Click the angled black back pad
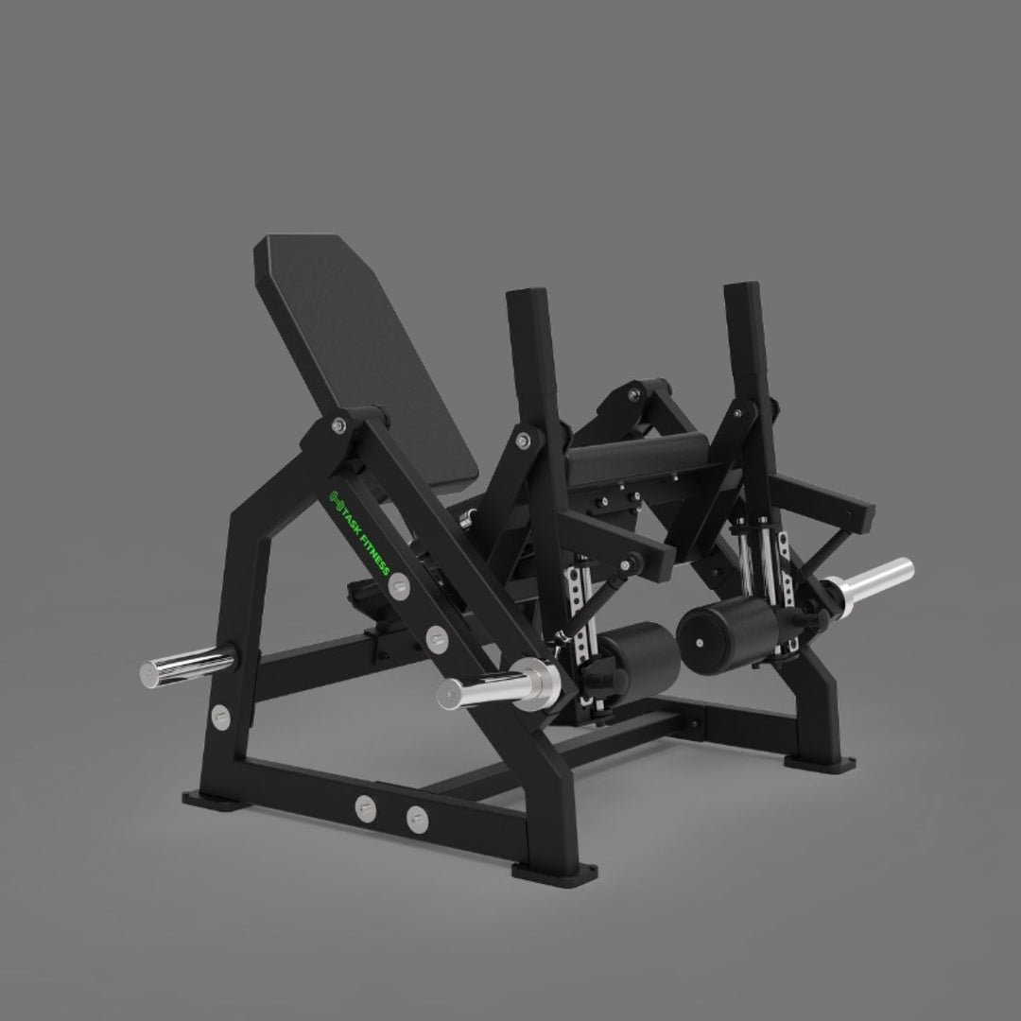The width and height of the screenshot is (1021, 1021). click(365, 358)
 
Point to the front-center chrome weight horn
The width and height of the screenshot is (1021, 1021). click(498, 684)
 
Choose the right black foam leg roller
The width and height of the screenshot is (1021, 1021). click(723, 635)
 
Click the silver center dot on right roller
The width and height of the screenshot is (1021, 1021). click(700, 644)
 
